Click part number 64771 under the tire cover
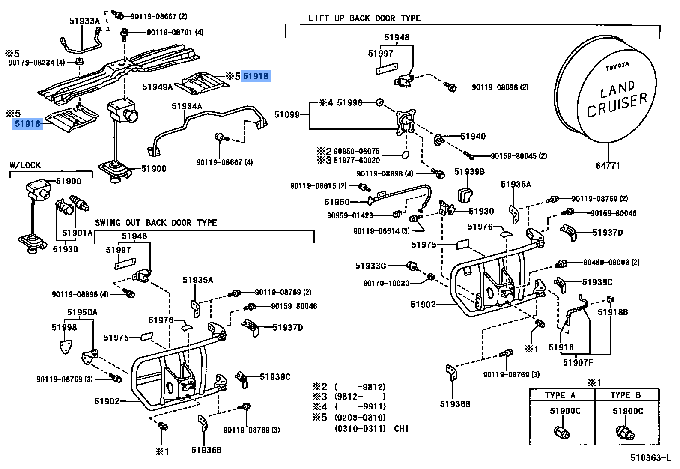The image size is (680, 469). point(608,166)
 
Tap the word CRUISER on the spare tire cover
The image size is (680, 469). point(617,105)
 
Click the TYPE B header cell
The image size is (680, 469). point(626,395)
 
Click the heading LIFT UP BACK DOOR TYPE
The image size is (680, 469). point(364,18)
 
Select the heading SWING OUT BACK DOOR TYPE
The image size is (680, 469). point(156,223)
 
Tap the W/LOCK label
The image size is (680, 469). point(25,165)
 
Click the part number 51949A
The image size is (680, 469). point(157,87)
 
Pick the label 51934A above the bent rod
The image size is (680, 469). point(187,106)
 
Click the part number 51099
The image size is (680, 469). point(287,115)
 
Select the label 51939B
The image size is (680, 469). point(469,172)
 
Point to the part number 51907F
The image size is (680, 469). point(578,363)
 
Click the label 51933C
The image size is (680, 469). point(370,266)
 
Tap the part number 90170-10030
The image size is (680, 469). point(386,283)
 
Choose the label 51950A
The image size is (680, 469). point(82,312)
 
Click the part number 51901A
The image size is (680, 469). point(77,233)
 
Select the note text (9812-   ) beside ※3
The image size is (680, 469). point(360,397)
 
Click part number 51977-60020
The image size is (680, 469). point(357,160)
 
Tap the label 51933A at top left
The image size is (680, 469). point(84,21)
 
